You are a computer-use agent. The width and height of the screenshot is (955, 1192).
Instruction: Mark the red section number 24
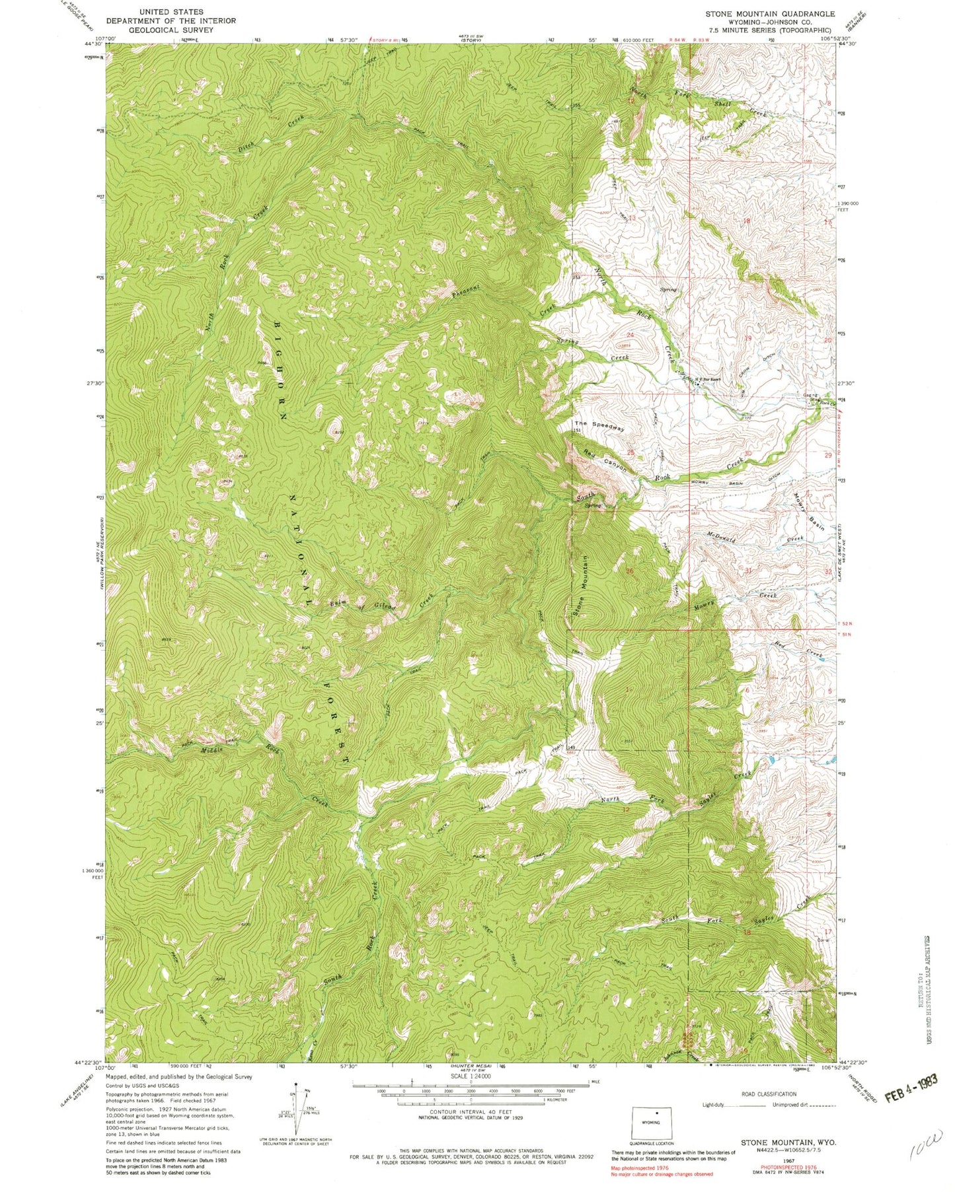pyautogui.click(x=630, y=335)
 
